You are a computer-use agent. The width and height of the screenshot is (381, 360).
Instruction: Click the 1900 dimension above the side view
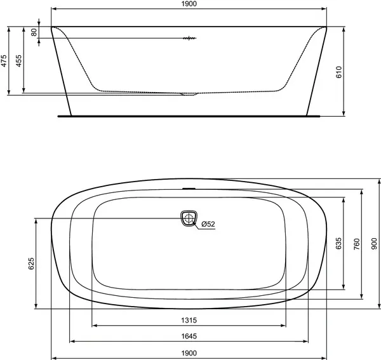click(189, 4)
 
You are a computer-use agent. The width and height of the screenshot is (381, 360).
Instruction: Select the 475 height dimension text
click(4, 61)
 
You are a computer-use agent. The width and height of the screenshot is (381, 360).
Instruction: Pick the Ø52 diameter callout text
click(208, 223)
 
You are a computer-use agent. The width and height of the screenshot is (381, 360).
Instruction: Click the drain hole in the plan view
click(189, 218)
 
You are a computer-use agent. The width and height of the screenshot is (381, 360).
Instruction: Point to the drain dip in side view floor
click(189, 95)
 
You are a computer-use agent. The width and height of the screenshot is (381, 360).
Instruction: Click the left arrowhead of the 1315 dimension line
click(95, 326)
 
